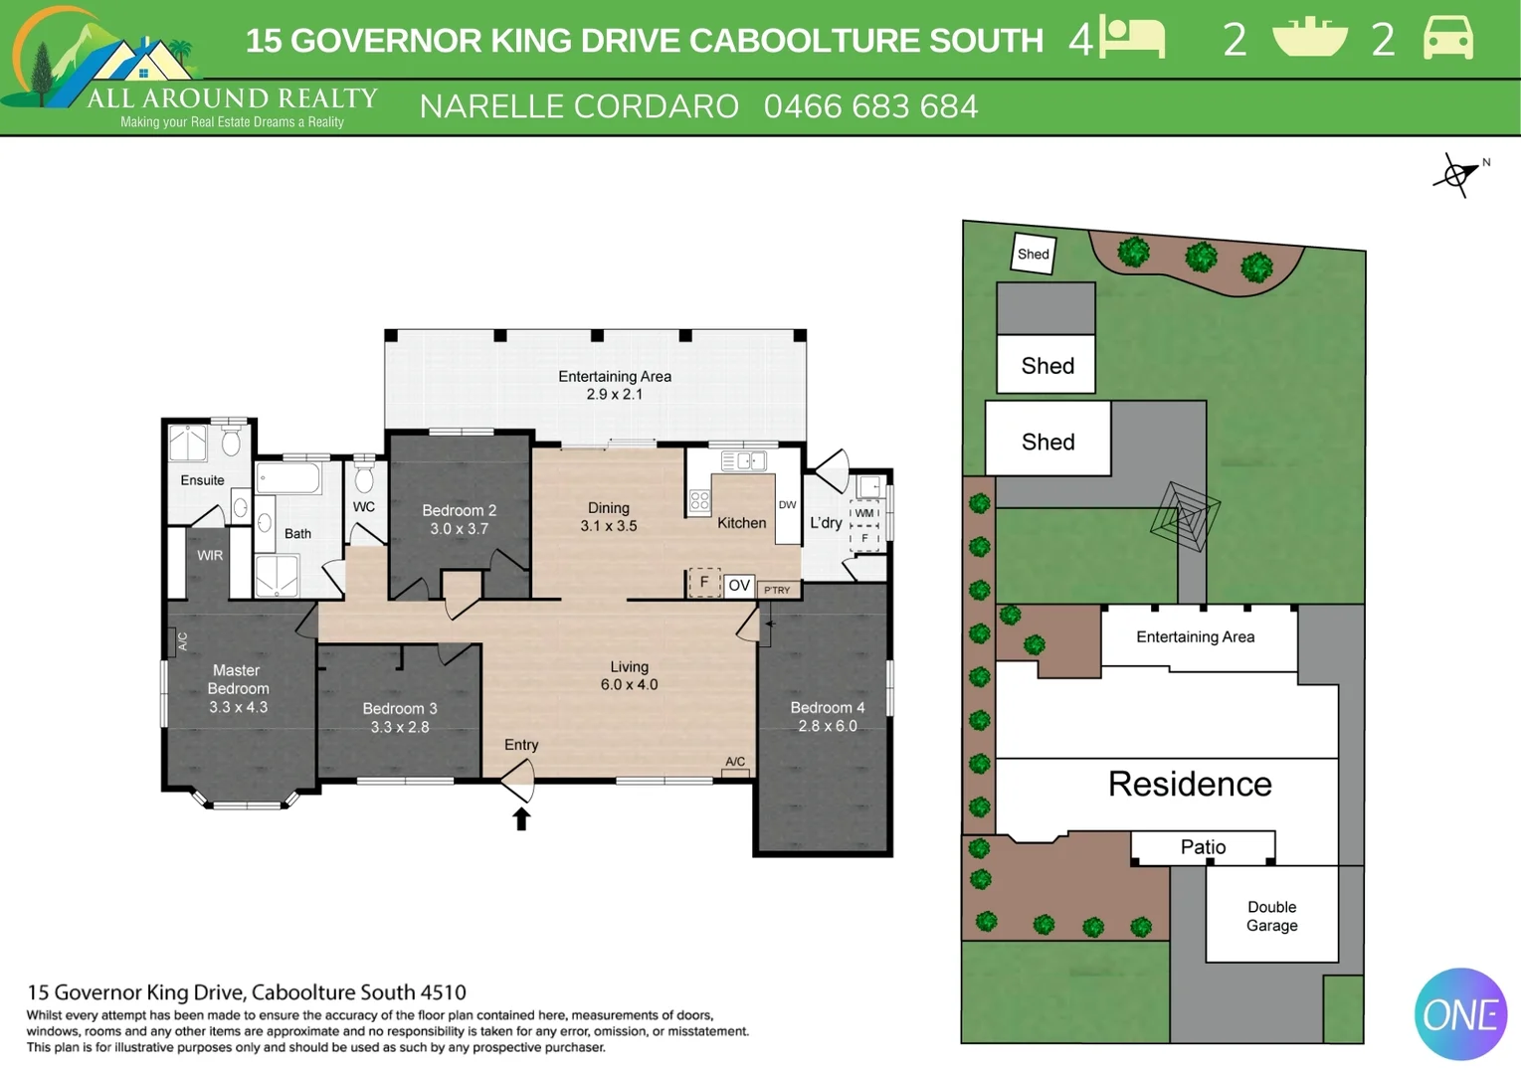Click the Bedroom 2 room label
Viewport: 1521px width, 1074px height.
click(x=459, y=510)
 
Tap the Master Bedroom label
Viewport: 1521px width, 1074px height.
click(x=238, y=679)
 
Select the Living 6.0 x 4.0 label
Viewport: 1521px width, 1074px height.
click(x=629, y=675)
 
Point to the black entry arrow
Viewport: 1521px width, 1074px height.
click(x=521, y=818)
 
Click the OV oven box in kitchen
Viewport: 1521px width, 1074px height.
click(x=738, y=586)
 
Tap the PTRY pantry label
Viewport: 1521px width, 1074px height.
click(x=777, y=591)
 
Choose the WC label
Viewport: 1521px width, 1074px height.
click(x=364, y=507)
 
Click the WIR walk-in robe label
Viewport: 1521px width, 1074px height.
click(x=210, y=556)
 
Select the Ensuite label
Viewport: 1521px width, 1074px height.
click(x=202, y=480)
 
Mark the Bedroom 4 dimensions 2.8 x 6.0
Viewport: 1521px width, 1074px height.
click(x=828, y=726)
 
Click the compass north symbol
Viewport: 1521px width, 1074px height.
click(x=1457, y=176)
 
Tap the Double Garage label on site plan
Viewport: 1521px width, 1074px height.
click(x=1271, y=916)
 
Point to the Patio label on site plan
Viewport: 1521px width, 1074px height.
click(x=1203, y=847)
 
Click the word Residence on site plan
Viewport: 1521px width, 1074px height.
click(x=1190, y=785)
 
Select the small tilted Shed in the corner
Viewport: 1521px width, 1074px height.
click(x=1034, y=254)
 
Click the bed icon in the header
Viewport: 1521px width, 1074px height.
click(x=1132, y=39)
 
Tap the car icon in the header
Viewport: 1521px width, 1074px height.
click(x=1447, y=39)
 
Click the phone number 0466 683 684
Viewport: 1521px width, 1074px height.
click(x=870, y=106)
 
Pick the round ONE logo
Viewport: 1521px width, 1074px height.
click(x=1460, y=1014)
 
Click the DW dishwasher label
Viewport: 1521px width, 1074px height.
click(x=787, y=505)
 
